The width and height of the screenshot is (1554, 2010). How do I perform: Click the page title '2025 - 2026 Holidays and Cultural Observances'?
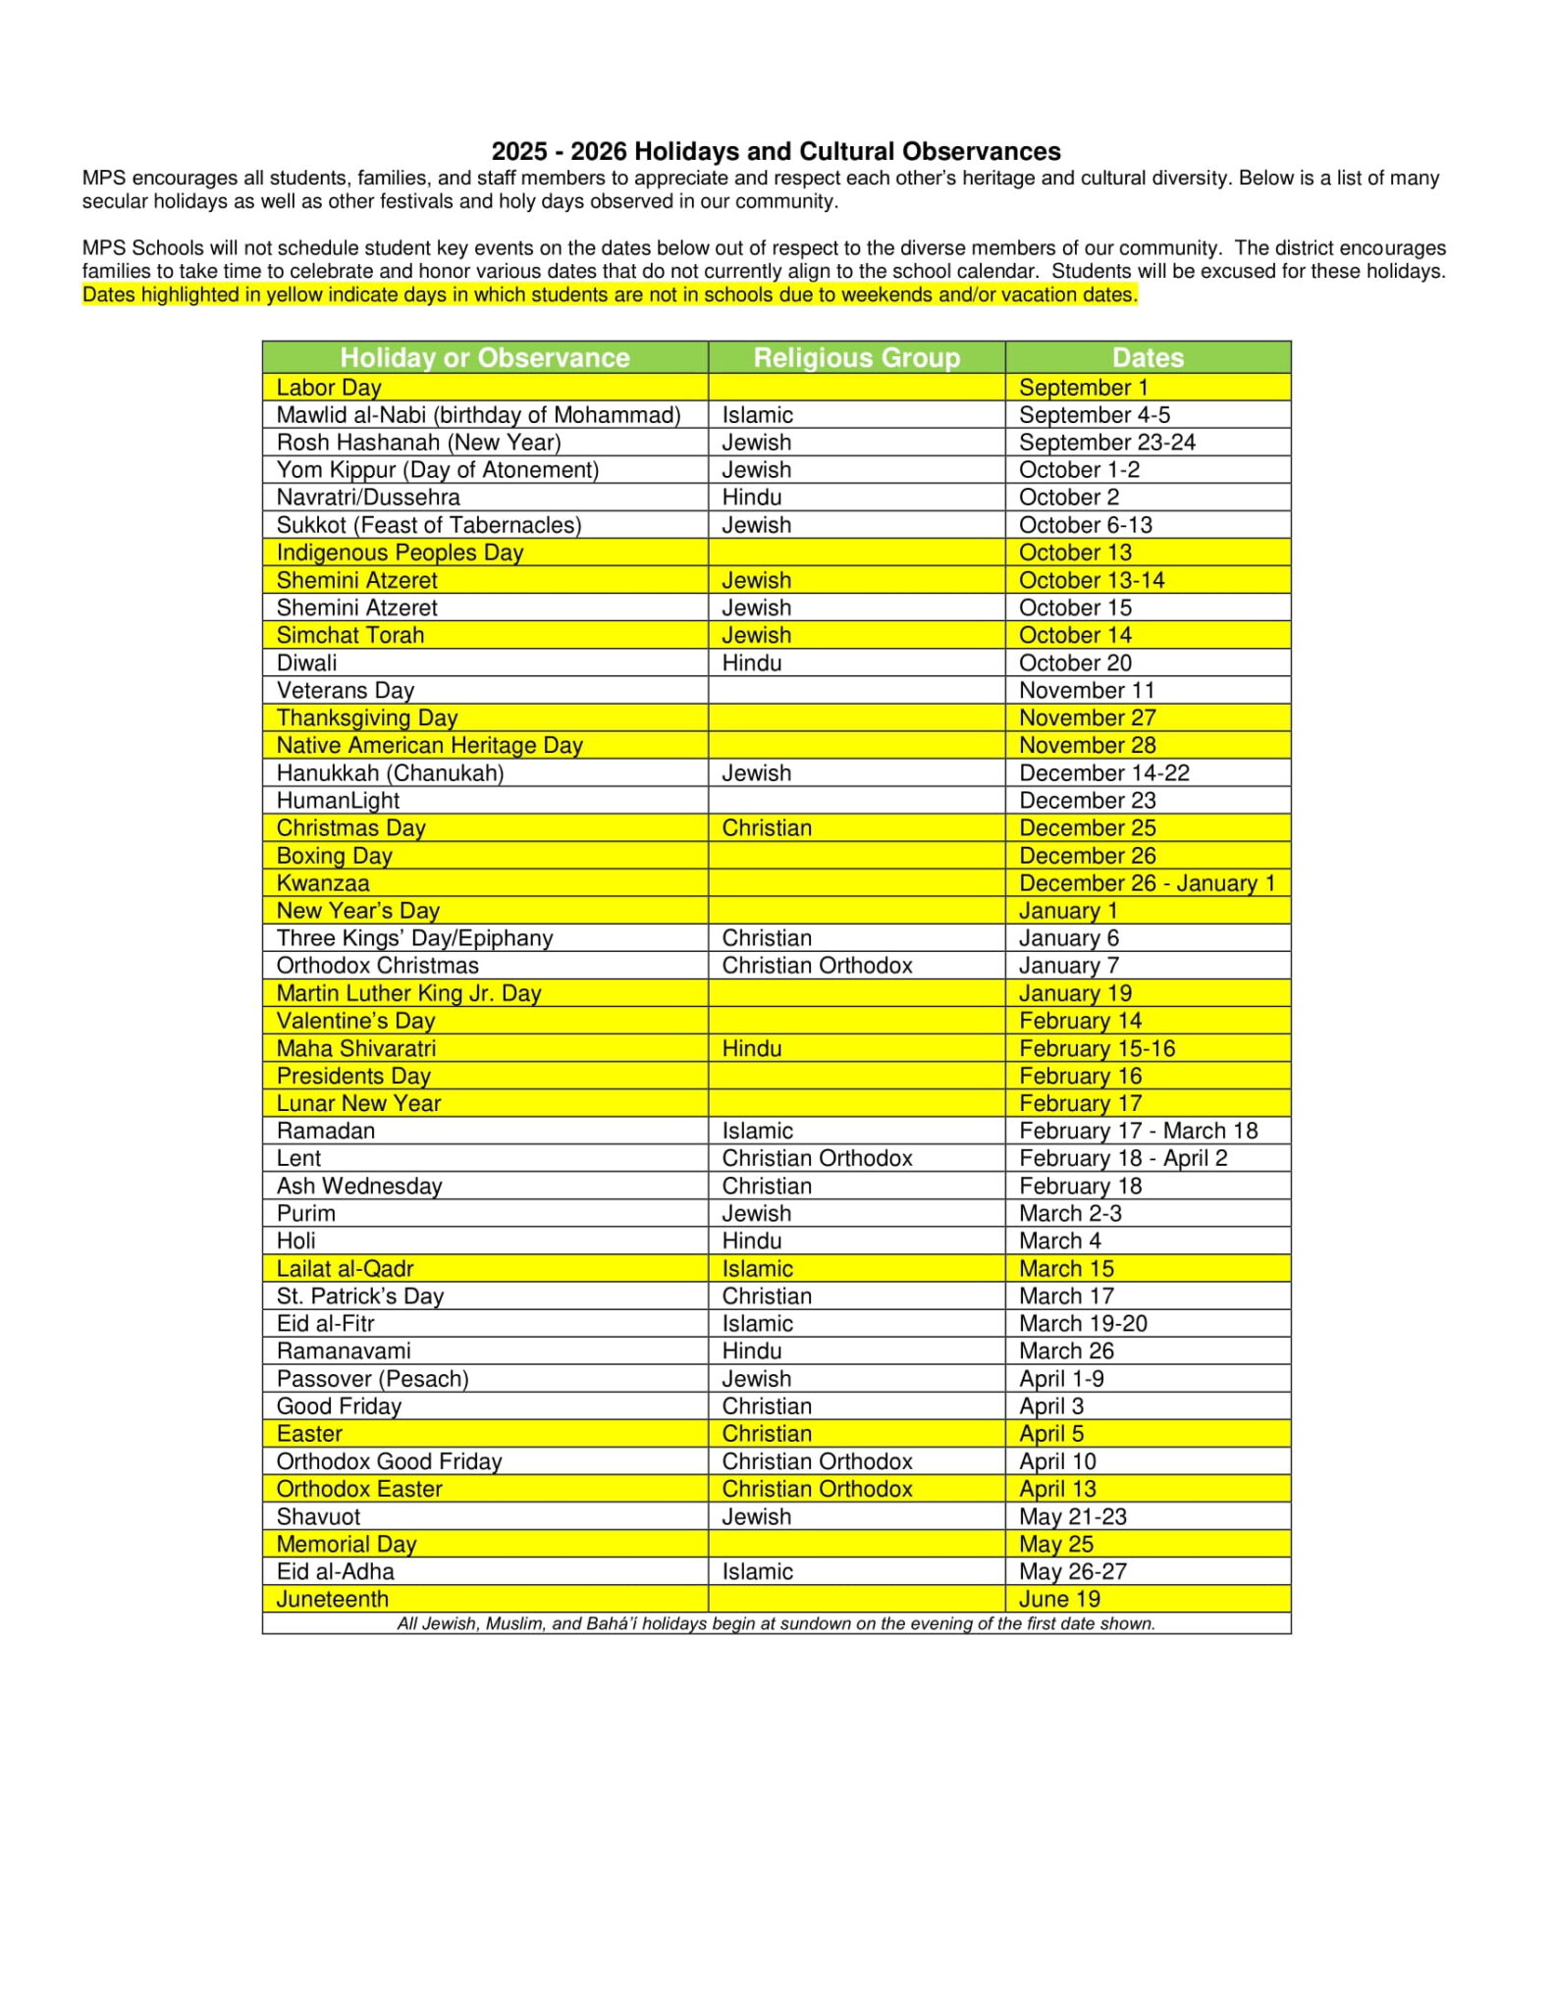pos(776,151)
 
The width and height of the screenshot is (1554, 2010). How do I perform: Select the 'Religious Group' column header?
pos(856,357)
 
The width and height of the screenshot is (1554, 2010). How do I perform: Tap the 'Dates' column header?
pos(1148,357)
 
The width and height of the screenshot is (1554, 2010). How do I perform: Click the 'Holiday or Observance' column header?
pos(485,357)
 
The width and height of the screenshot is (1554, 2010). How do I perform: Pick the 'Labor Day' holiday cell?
pos(329,388)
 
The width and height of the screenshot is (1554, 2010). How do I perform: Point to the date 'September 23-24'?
pos(1106,443)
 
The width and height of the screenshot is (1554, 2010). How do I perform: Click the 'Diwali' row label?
pos(306,663)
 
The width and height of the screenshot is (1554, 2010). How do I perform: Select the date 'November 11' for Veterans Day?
pos(1087,691)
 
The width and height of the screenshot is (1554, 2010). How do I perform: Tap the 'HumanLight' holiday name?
pos(338,801)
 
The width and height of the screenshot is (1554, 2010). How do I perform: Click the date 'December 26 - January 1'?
pos(1147,883)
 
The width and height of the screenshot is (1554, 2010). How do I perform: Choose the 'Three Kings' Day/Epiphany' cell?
pos(414,938)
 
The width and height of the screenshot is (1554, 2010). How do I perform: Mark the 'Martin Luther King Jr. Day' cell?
pos(408,993)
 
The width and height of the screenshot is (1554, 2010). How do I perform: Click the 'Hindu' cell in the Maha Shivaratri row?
pos(752,1048)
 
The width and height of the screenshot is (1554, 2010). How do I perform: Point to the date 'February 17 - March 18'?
pos(1138,1131)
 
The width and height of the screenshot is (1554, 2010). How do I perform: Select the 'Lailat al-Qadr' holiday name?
pos(345,1269)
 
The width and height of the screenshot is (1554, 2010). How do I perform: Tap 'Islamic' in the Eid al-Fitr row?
pos(757,1324)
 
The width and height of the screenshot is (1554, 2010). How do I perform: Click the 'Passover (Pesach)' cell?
pos(372,1379)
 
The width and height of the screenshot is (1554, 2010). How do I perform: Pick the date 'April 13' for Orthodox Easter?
pos(1057,1489)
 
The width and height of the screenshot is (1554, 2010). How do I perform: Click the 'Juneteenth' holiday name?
pos(332,1599)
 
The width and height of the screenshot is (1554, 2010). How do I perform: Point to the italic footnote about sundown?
pos(776,1623)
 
